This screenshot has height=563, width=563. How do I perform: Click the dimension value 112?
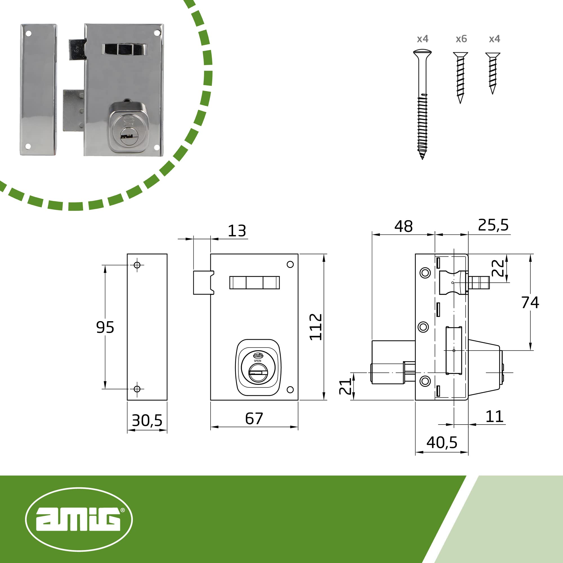[316, 327]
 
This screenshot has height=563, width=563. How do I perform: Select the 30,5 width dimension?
[147, 421]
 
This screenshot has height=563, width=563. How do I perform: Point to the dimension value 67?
[254, 419]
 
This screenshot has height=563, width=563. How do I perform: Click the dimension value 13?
[237, 231]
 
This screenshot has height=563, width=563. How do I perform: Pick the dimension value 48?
[404, 226]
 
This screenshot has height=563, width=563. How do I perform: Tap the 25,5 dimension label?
[493, 225]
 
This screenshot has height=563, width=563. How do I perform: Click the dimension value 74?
[530, 303]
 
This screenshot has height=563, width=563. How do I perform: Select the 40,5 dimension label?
[442, 443]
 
